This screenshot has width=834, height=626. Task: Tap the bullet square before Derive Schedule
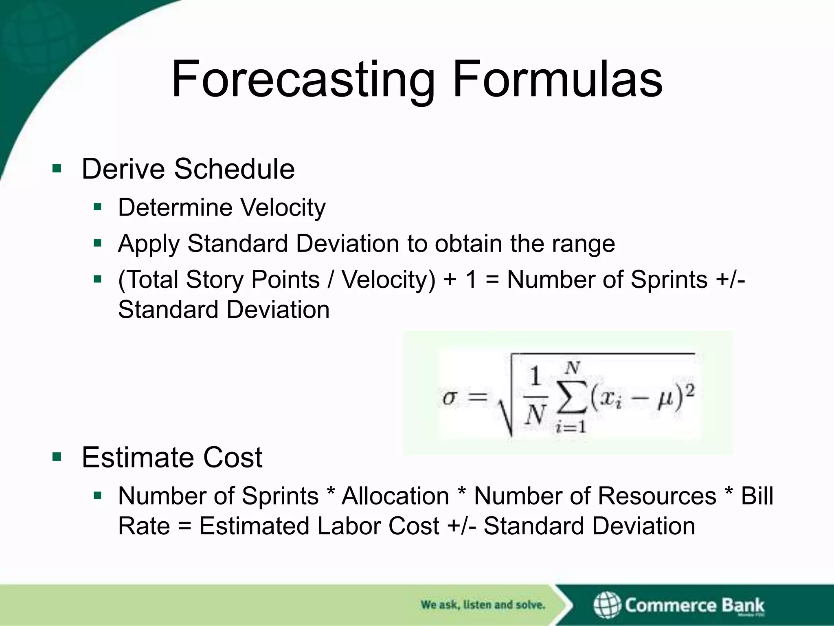57,168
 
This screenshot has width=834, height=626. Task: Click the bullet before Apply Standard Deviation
97,244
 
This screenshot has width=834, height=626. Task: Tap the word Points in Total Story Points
285,280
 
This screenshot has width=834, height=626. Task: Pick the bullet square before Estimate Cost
57,457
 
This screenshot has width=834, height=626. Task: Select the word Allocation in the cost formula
395,496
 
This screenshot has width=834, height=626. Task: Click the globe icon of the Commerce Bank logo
607,605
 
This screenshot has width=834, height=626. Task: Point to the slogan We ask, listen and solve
483,605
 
